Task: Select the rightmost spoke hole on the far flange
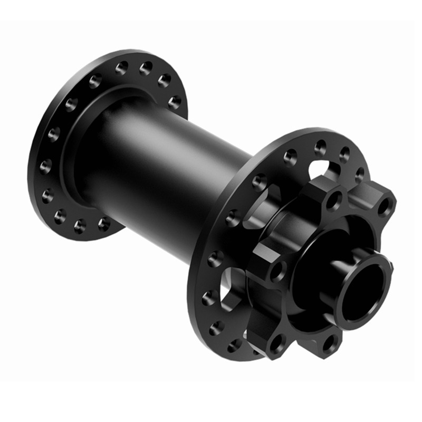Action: click(x=175, y=102)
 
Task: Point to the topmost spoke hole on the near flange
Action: click(x=320, y=147)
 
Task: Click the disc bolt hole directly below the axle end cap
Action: click(x=331, y=343)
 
